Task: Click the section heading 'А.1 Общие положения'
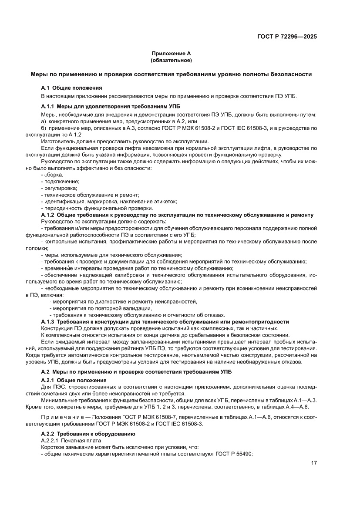(72, 88)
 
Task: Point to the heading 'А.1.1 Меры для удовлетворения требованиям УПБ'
(111, 106)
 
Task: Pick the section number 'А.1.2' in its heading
(47, 215)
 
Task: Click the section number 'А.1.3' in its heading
(47, 322)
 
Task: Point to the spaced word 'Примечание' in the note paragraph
(63, 417)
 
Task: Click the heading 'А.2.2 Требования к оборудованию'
(88, 434)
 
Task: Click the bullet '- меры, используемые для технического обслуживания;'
(111, 255)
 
